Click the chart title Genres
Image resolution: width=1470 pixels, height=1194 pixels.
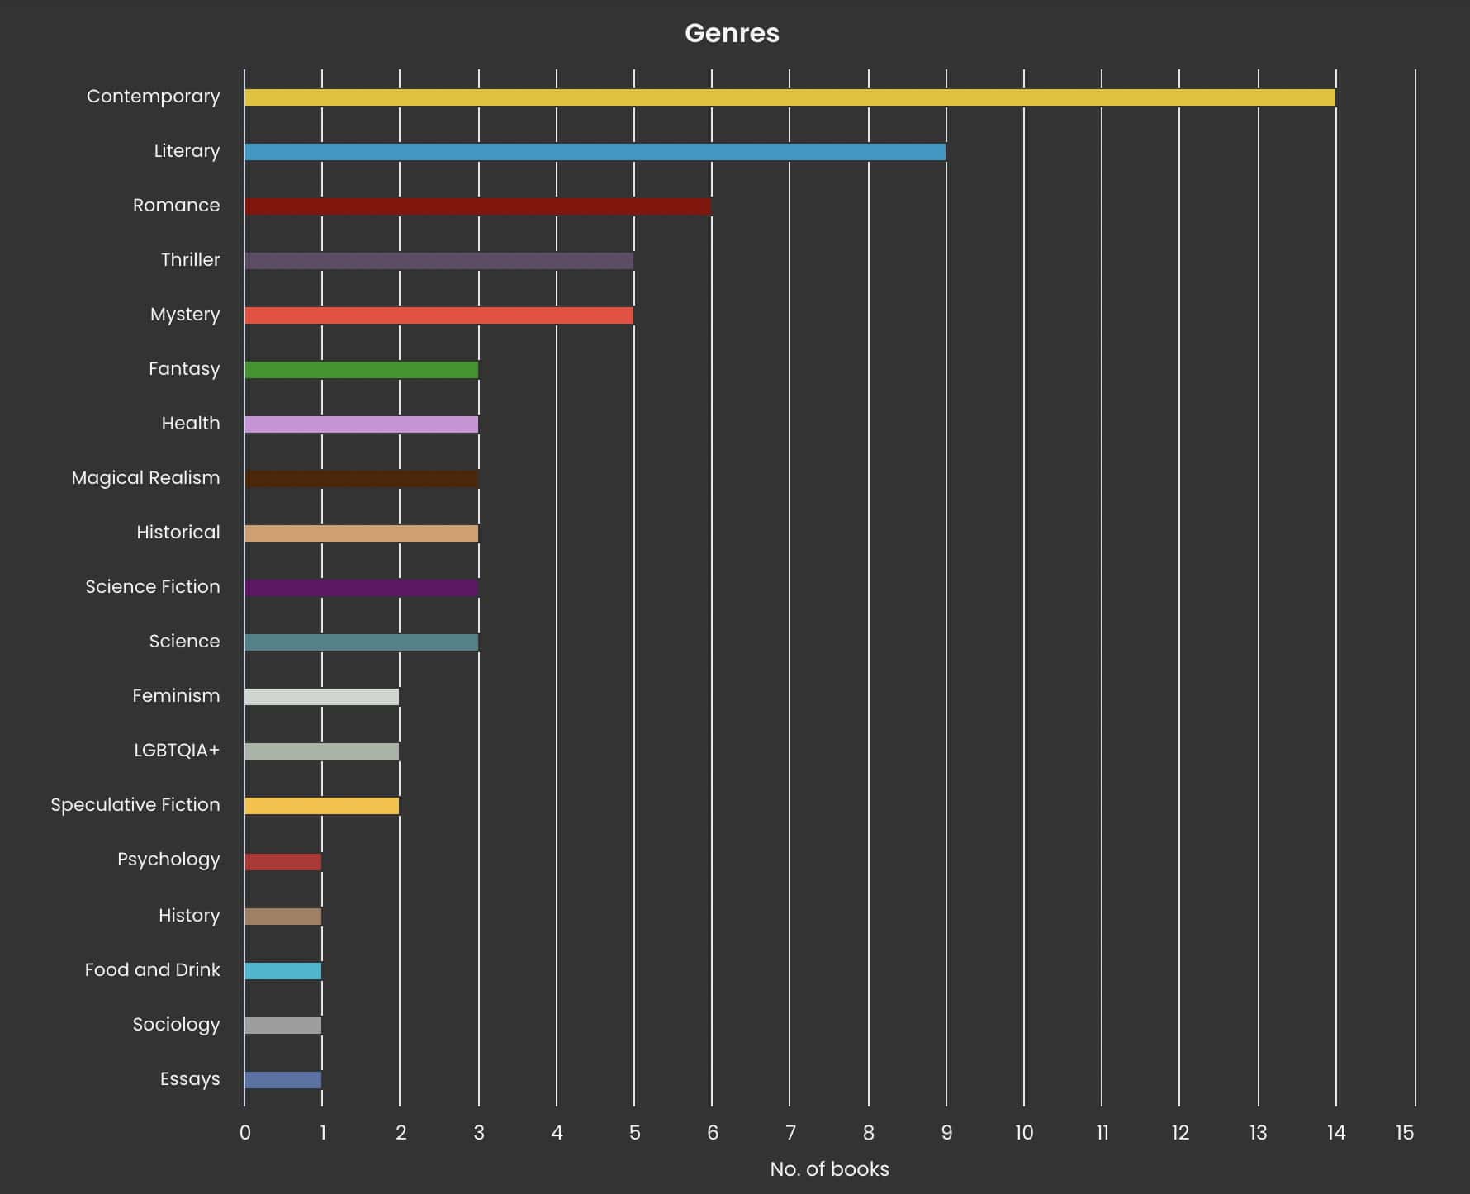click(x=732, y=33)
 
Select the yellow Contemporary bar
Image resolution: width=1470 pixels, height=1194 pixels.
click(x=789, y=97)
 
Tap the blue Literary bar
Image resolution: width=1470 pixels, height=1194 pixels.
click(x=595, y=152)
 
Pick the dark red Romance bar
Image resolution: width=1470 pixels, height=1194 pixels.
click(x=477, y=206)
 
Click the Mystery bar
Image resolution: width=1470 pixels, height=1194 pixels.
click(x=439, y=315)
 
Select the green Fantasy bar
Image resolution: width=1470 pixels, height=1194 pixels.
click(x=361, y=370)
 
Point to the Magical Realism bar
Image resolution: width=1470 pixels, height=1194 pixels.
click(x=361, y=479)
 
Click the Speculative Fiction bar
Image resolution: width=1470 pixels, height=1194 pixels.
click(x=321, y=806)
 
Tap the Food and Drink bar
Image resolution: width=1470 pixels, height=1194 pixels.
click(x=282, y=971)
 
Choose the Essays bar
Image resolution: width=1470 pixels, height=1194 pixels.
click(x=282, y=1080)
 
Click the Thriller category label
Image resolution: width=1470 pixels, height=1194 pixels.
click(x=190, y=260)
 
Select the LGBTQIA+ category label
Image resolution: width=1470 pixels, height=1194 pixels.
click(x=177, y=751)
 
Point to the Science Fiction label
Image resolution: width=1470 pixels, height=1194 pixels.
click(x=153, y=587)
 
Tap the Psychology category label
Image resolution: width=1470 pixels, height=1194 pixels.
click(x=168, y=860)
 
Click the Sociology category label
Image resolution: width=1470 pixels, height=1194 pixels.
click(x=176, y=1025)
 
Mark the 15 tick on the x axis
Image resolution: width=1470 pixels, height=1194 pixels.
click(x=1405, y=1133)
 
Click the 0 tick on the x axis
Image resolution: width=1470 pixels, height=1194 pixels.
click(x=244, y=1133)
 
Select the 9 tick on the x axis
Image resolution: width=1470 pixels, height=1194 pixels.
click(x=946, y=1133)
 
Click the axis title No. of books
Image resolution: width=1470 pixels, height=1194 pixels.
click(x=829, y=1169)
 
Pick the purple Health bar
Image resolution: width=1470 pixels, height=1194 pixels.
click(x=361, y=424)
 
